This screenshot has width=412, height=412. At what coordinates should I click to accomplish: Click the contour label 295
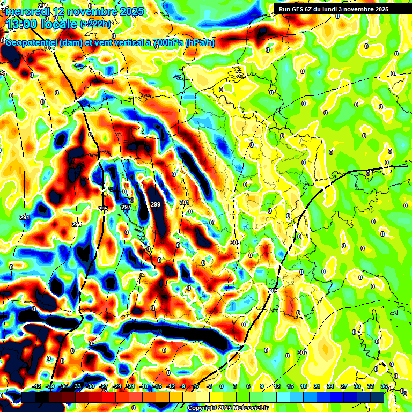103,209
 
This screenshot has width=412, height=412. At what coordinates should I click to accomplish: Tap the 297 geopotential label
126,207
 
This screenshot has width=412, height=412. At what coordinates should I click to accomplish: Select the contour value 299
156,204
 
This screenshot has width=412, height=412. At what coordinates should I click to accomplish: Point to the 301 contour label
185,202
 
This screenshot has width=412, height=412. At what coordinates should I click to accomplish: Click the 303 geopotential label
235,243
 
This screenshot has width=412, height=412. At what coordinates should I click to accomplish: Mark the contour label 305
274,291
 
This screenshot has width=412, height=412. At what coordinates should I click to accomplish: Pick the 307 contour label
303,352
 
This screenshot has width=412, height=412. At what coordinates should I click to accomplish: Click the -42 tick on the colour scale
37,386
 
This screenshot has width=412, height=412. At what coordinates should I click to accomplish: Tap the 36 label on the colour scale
384,386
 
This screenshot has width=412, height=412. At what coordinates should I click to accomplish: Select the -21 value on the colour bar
130,386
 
